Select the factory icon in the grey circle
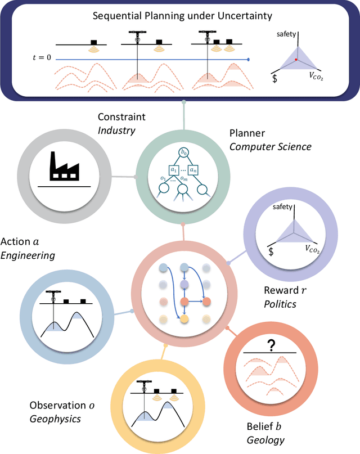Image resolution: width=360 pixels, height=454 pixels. click(63, 164)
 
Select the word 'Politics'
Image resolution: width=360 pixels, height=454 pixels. click(280, 304)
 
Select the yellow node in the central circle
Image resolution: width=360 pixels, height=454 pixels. click(183, 319)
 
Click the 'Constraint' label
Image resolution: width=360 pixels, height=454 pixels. click(121, 117)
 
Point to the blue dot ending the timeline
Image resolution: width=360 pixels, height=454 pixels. click(249, 59)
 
